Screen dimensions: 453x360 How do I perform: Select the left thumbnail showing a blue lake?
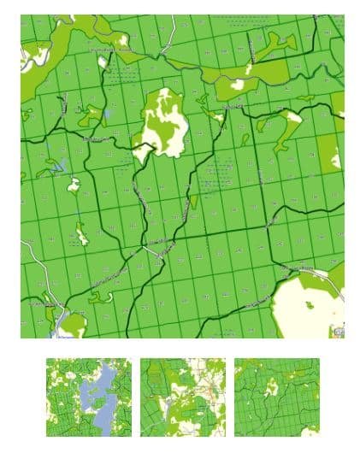coord(89,397)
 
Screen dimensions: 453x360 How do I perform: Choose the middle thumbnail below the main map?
coord(183,397)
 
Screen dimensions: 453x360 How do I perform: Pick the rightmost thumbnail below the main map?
coord(276,397)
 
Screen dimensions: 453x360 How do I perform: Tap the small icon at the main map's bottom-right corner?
coord(340,329)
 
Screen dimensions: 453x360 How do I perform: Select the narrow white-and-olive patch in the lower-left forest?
coord(81,232)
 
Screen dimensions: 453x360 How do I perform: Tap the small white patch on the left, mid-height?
coord(74,184)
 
